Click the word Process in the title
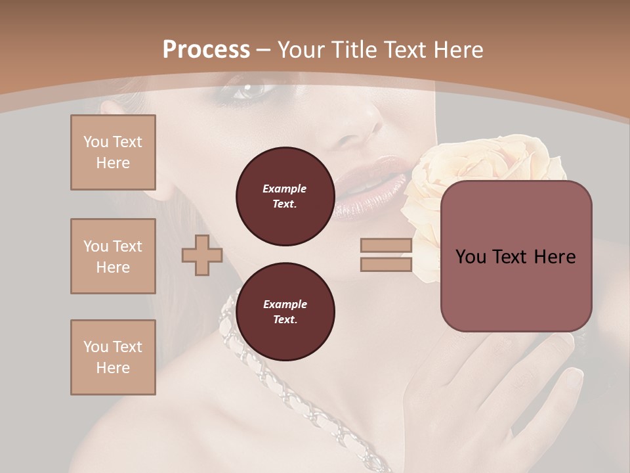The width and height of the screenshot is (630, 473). point(206,50)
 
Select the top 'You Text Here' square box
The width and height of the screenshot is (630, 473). point(113,152)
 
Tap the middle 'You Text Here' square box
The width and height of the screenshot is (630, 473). point(113,256)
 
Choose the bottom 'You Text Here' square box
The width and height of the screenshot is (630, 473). point(113,357)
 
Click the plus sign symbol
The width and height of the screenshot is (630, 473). point(202,255)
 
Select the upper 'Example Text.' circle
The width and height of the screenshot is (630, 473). point(285,196)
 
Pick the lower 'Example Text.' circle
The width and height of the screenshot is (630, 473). point(285,312)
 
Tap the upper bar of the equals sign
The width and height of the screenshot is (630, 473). point(386,246)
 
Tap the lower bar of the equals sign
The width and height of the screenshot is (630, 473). point(386,264)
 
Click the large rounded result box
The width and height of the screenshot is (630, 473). point(516,256)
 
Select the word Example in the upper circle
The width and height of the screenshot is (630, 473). point(285,189)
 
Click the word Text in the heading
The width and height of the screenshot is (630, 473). point(404,50)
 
